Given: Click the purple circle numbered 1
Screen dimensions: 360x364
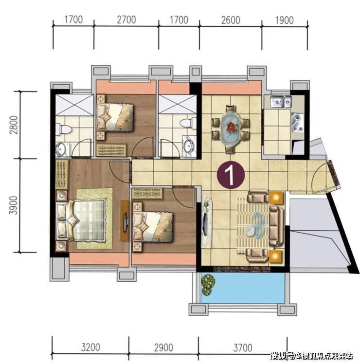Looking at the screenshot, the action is coord(231,175).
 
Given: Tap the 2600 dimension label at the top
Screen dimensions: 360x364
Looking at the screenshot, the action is coord(231,20).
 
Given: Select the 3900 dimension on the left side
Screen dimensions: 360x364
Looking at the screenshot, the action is coord(14,205).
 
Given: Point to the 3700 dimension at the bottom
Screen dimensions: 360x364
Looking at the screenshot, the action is coord(243,348).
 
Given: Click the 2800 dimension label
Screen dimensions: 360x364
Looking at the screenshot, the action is coord(14,125).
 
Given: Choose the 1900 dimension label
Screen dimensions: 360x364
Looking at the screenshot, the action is coord(284,20).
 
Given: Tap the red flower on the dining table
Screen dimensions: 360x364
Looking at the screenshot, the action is coord(231,127).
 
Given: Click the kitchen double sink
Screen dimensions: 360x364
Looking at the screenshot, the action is coord(281,101).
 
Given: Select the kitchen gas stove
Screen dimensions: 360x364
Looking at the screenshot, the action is coord(298,123).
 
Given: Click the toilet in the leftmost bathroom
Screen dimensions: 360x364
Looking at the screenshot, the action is coord(63,129).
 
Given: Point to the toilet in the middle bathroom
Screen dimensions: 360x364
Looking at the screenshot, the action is coord(188,123).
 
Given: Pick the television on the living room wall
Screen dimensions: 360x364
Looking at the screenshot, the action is coord(205,222).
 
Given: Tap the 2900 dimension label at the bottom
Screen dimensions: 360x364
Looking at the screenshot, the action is coord(163,348).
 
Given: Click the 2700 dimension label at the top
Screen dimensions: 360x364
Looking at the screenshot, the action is coord(126,20).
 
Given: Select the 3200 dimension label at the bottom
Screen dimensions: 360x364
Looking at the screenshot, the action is coord(90,347).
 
